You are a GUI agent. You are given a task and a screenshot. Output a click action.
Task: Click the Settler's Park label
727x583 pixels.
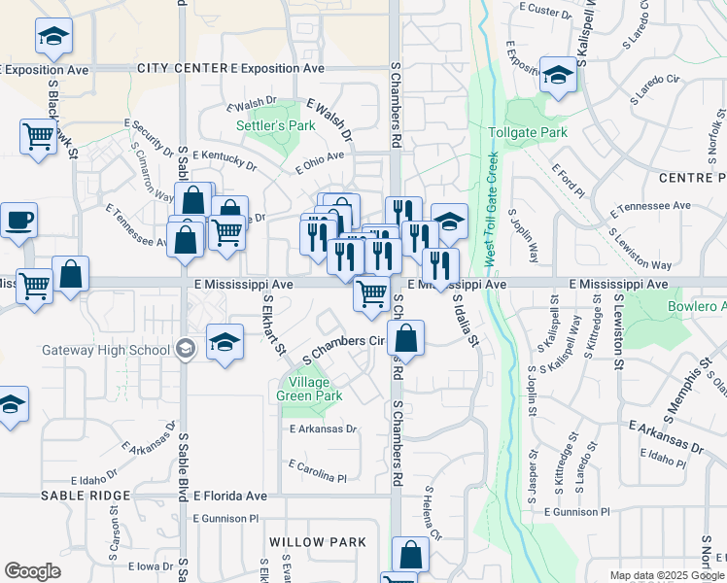(262, 126)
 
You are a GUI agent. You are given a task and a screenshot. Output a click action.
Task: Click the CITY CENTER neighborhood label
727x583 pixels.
(181, 68)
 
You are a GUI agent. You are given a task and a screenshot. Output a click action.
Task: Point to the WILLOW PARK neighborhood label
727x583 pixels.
(318, 542)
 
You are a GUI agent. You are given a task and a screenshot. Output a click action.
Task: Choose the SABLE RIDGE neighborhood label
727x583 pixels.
(86, 496)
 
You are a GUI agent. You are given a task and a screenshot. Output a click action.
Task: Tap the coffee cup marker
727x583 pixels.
(17, 220)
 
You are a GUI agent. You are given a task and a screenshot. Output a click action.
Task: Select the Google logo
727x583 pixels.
(32, 571)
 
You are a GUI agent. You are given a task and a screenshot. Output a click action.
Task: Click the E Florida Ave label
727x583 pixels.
(229, 496)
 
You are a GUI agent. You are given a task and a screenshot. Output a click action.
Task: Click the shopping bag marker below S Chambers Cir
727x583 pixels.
(405, 340)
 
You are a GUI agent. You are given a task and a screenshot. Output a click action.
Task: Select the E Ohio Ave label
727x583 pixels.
(320, 160)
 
